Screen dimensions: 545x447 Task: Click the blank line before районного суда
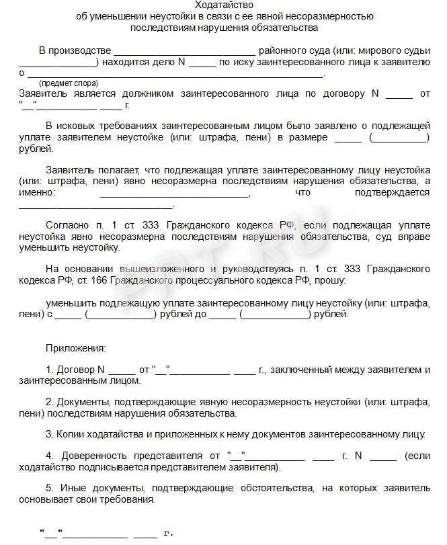click(x=185, y=51)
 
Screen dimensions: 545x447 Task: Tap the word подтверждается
click(x=396, y=193)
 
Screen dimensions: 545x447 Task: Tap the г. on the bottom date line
click(x=168, y=534)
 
